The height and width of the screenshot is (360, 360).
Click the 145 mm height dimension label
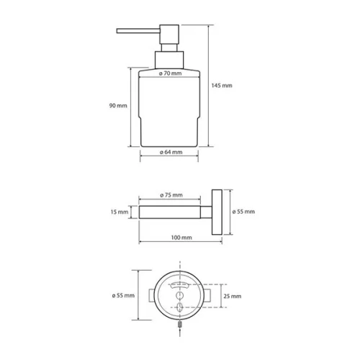222,86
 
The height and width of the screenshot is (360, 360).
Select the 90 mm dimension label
118,106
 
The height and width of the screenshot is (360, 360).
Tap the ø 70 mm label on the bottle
170,73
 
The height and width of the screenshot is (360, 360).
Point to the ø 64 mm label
171,152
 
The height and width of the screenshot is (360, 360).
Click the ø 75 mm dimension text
171,195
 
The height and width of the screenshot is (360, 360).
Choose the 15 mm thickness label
120,212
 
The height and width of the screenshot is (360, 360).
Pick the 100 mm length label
181,238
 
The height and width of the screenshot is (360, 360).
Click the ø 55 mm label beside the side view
243,212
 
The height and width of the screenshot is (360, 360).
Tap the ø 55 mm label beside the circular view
123,295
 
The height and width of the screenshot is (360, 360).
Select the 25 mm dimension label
233,296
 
